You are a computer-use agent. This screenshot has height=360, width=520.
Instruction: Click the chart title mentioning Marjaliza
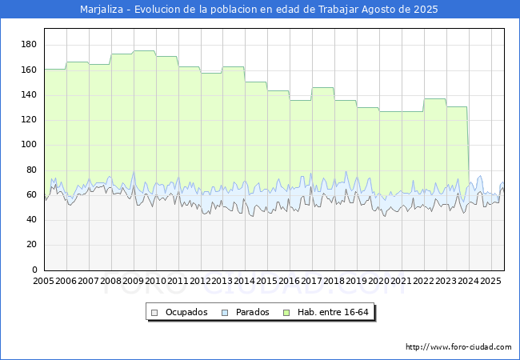[x=259, y=10]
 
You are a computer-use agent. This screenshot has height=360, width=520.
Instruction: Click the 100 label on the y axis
[x=29, y=145]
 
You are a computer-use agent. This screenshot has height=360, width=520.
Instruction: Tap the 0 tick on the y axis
[x=33, y=270]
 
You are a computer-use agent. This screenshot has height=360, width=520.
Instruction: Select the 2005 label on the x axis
[x=44, y=281]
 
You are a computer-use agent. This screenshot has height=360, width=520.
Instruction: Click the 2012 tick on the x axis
[x=201, y=281]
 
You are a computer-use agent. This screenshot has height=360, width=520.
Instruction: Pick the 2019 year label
[x=358, y=281]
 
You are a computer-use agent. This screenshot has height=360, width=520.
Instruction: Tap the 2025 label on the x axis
[x=491, y=281]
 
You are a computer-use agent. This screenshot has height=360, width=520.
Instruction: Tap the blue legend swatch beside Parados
[x=226, y=312]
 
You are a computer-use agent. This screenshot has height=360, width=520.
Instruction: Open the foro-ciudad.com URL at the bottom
[x=458, y=347]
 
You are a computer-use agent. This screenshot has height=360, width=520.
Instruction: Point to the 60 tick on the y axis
[x=31, y=194]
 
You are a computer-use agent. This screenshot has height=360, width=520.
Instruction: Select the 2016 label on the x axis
[x=290, y=281]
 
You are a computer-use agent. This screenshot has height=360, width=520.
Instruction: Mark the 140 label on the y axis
[x=29, y=95]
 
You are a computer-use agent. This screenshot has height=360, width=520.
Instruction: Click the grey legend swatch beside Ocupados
[x=155, y=312]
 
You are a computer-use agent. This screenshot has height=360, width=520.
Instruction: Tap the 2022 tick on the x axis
[x=425, y=281]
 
